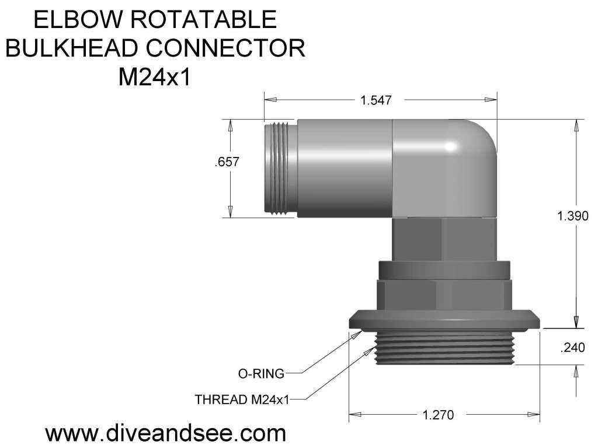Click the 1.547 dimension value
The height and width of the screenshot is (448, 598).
point(374,100)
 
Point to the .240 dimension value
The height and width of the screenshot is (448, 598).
point(572,348)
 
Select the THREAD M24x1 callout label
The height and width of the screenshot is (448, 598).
point(242,400)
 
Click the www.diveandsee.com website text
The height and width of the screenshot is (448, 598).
point(165,433)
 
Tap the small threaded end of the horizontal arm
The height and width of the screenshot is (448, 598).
point(279,168)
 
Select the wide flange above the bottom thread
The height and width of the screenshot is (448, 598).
point(444,320)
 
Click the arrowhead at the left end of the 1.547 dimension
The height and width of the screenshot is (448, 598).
point(268,100)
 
